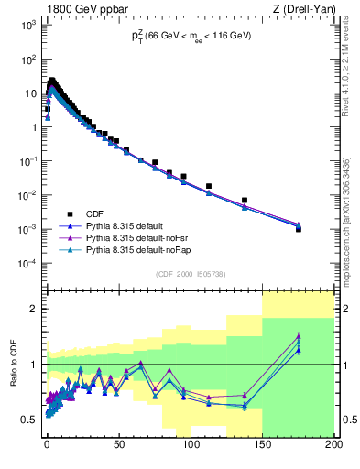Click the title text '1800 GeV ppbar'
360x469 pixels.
coord(80,8)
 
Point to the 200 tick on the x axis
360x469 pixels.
coord(333,444)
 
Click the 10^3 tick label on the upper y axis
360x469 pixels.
coord(28,25)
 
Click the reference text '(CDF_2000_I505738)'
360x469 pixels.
coord(189,274)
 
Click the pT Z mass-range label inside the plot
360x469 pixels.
coord(190,36)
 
